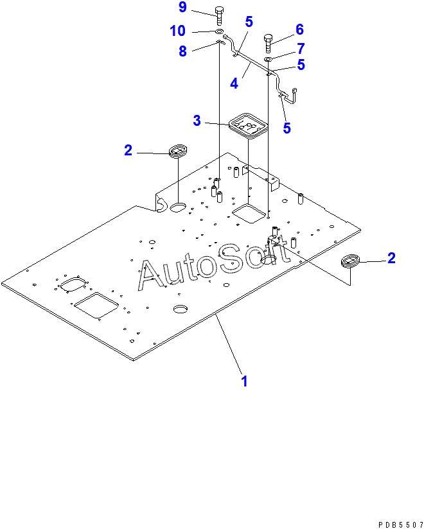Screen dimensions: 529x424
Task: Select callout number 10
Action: (x=177, y=30)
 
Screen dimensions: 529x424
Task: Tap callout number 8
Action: (x=182, y=51)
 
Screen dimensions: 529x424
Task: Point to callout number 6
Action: (x=299, y=30)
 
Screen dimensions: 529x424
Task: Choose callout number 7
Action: (x=299, y=48)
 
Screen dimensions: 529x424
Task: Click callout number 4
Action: (x=234, y=83)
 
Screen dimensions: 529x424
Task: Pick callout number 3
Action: (x=197, y=120)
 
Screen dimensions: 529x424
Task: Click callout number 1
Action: (x=244, y=381)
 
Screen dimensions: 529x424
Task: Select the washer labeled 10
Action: (x=219, y=31)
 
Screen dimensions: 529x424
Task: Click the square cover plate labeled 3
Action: (x=247, y=123)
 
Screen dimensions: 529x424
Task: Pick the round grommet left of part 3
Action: (x=177, y=152)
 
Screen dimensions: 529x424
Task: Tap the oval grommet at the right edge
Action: (x=351, y=261)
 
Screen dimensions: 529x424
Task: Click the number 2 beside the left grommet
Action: (x=128, y=150)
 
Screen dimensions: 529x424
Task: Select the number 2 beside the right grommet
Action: (x=391, y=258)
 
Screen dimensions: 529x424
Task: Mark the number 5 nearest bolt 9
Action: (x=249, y=21)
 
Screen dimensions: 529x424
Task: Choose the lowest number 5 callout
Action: (x=287, y=128)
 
